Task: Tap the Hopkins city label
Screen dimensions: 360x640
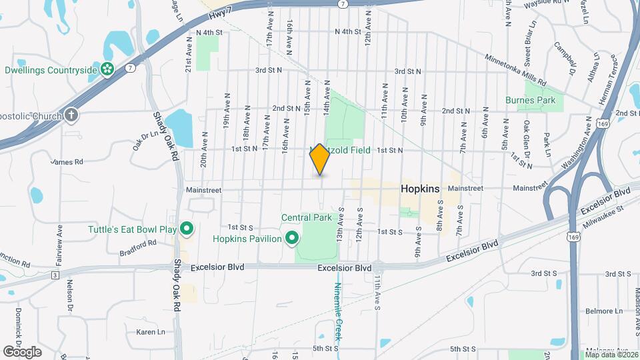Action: (x=420, y=189)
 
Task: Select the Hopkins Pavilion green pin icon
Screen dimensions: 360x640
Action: (x=291, y=238)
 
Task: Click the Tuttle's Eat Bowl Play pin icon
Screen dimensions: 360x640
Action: (x=187, y=230)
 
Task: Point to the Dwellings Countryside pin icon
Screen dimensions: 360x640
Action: (x=107, y=69)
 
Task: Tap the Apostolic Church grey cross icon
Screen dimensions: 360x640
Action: (x=71, y=115)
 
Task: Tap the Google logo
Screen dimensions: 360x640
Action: (x=22, y=351)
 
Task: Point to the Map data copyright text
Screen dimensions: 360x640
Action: (x=612, y=353)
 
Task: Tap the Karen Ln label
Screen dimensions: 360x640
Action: (x=150, y=331)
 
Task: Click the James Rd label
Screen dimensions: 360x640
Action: (x=67, y=161)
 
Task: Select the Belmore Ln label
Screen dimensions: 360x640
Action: (x=603, y=311)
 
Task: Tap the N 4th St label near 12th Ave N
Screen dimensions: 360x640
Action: (x=348, y=31)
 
